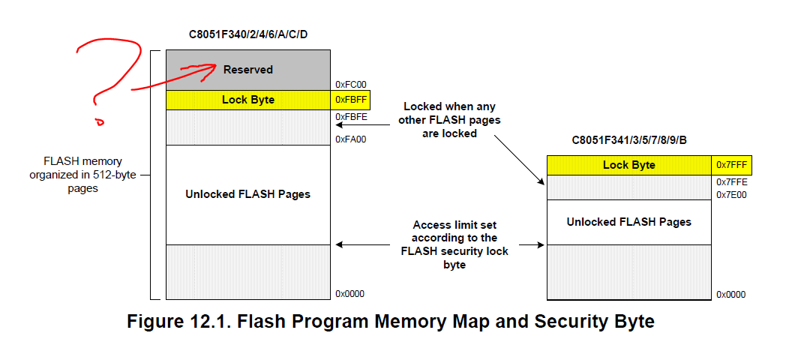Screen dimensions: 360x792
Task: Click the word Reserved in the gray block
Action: (x=247, y=70)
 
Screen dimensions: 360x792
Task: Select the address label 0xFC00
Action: (x=350, y=85)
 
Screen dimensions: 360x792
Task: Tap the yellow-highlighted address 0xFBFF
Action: (x=350, y=100)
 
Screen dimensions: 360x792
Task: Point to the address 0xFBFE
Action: (x=350, y=117)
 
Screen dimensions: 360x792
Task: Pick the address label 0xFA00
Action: (x=350, y=139)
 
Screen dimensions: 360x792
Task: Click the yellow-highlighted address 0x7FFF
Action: (x=731, y=165)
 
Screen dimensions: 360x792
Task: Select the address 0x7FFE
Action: (x=731, y=182)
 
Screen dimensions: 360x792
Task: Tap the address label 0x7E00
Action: (x=731, y=195)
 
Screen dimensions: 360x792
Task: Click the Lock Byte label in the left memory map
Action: (x=247, y=100)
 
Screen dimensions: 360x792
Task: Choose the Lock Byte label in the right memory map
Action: (x=628, y=165)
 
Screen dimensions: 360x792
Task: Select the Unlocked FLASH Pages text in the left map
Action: (x=247, y=194)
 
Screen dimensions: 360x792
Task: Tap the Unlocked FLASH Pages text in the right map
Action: (x=628, y=222)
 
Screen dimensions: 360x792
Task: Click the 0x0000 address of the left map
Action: (x=350, y=294)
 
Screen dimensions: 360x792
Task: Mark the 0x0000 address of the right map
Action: (x=731, y=295)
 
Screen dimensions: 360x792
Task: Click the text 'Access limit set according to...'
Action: (x=454, y=244)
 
